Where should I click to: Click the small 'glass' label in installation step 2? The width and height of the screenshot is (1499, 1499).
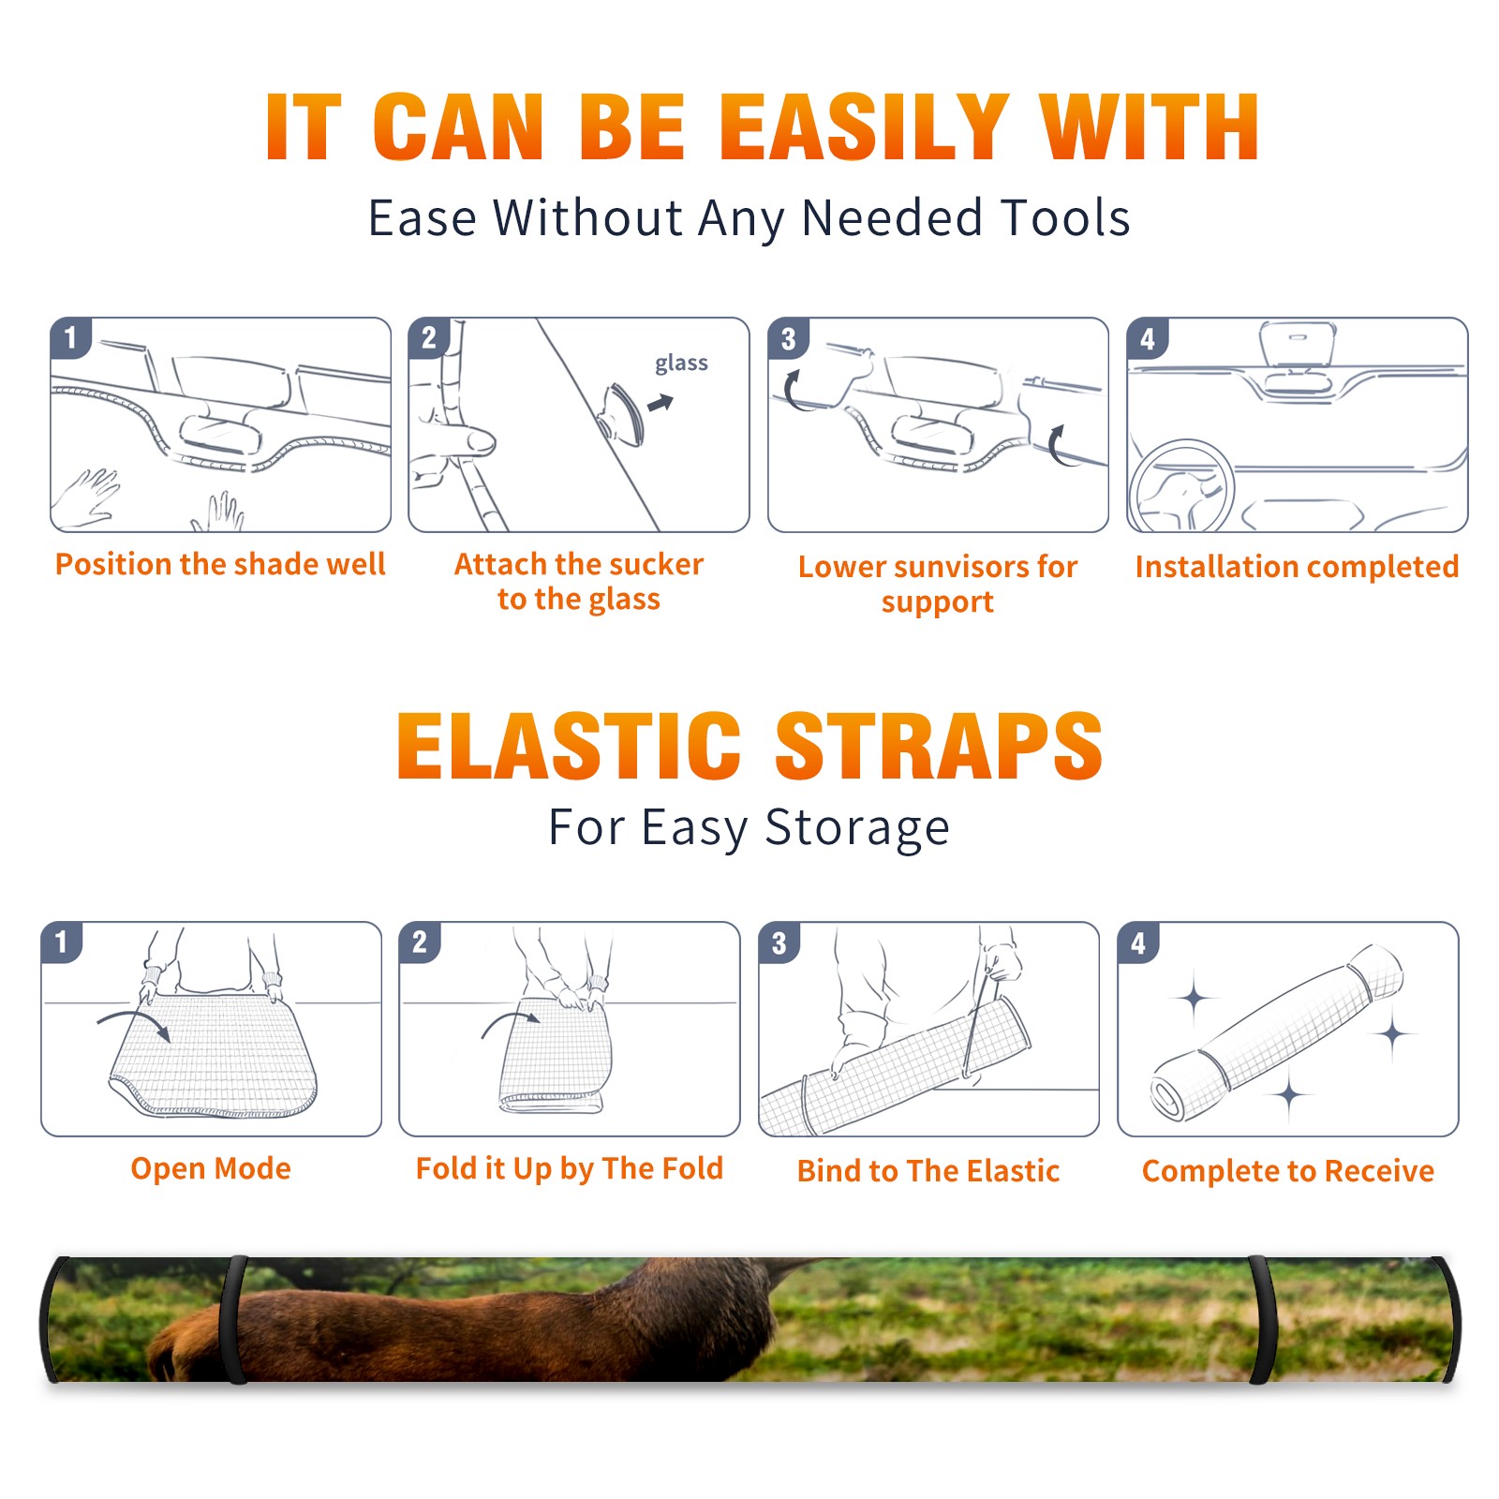tap(681, 364)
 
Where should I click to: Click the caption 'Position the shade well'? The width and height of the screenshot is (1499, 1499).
tap(220, 564)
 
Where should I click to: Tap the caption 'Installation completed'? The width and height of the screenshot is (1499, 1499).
tap(1297, 566)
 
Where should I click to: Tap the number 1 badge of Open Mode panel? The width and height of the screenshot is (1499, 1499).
tap(63, 942)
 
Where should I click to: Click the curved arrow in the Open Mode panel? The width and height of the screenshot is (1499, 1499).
tap(134, 1021)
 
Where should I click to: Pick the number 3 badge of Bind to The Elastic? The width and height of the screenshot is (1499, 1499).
tap(779, 943)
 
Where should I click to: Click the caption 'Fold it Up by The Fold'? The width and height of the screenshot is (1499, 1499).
tap(570, 1168)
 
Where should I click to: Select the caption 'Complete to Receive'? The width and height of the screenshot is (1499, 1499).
tap(1288, 1171)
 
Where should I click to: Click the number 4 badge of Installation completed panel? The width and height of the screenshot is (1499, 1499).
tap(1148, 339)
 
